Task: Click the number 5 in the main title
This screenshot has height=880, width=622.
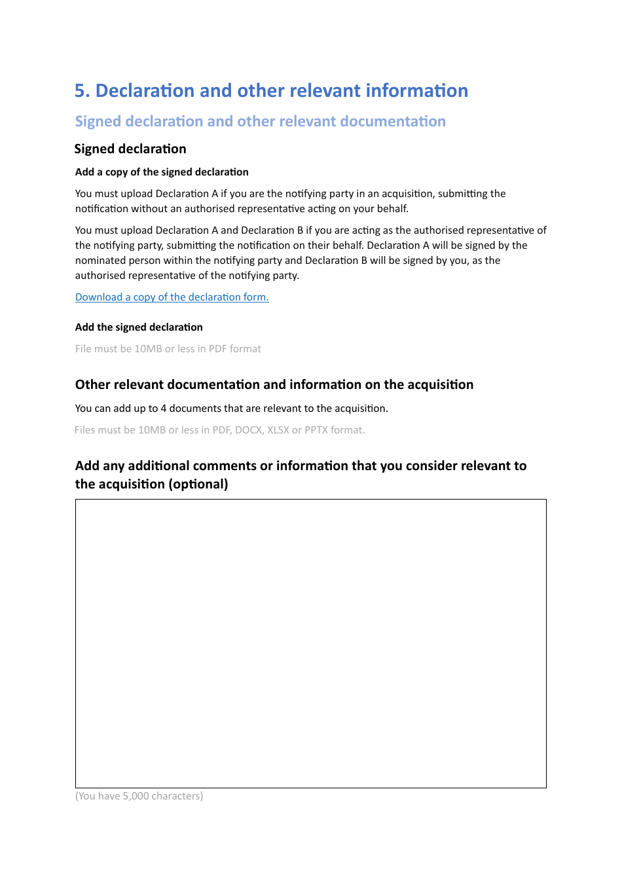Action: [x=81, y=91]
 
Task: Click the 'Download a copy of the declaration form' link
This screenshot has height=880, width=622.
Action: [x=172, y=297]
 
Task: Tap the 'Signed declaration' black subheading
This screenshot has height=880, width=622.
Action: [x=130, y=149]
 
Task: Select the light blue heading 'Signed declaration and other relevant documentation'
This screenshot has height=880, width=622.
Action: [x=260, y=122]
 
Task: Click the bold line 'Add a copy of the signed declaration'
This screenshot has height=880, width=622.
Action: [x=162, y=172]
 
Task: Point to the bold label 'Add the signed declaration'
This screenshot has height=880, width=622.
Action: [x=139, y=327]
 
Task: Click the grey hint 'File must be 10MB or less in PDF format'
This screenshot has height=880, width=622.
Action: [x=168, y=349]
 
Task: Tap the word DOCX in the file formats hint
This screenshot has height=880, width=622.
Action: [x=248, y=430]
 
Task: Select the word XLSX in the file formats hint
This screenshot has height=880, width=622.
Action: [x=278, y=430]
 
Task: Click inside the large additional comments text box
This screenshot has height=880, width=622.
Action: [x=310, y=643]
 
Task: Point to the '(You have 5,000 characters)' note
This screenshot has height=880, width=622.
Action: [x=139, y=796]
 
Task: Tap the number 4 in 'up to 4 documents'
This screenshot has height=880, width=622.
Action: [x=164, y=409]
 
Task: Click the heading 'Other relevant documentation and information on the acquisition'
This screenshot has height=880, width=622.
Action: [x=274, y=385]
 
